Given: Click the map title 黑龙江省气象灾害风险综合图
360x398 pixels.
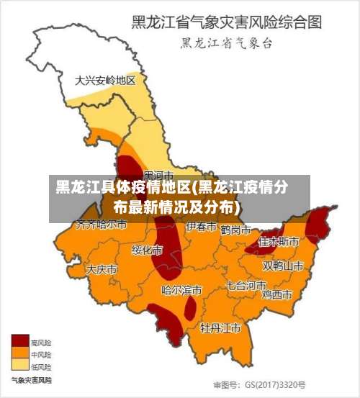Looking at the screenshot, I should [x=225, y=22].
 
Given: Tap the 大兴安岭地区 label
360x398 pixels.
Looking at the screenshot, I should [x=105, y=80].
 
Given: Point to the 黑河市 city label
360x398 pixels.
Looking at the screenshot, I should [x=158, y=175].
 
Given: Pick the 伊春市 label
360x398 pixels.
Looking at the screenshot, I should [x=202, y=227].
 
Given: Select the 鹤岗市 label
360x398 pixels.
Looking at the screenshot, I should [x=235, y=230].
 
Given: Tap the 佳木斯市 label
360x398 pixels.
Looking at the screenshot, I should [x=279, y=241].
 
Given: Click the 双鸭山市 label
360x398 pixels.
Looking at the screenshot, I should [x=283, y=266].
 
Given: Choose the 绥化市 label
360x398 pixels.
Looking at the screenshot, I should [x=147, y=250].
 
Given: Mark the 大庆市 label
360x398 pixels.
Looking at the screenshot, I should [x=102, y=269].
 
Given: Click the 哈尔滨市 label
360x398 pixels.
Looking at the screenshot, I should [x=181, y=291].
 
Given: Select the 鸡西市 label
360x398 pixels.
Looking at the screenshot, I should [x=276, y=294].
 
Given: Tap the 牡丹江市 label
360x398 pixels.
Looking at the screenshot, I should [x=220, y=328].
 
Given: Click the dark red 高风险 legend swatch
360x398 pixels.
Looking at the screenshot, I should [x=19, y=342].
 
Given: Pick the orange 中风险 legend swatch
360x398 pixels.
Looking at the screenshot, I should [x=19, y=353].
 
